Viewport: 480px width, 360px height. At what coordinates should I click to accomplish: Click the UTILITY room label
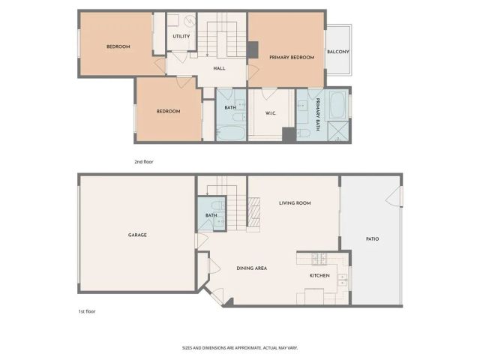coord(181,36)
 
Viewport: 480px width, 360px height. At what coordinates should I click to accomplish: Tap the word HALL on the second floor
coord(219,68)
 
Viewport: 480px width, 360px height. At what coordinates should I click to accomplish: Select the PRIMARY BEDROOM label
coord(291,58)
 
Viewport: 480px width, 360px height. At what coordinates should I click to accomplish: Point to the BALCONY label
coord(337,52)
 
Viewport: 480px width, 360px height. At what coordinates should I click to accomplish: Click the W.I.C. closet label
coord(271,114)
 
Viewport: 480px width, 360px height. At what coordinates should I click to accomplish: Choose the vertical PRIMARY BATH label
coord(317,114)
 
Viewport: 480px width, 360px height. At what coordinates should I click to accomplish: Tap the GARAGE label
coord(137,235)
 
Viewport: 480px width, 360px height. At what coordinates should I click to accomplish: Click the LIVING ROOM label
coord(295,203)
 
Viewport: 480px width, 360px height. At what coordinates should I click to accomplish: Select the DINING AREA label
coord(252,268)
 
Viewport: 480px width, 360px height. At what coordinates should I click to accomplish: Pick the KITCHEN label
coord(319,275)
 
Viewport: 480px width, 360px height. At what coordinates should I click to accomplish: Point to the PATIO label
coord(372,239)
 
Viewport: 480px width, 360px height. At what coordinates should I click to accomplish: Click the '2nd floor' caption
coord(143,161)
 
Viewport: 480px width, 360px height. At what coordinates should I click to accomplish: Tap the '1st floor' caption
coord(86,310)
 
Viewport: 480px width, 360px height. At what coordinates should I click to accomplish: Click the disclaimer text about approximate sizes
coord(240,347)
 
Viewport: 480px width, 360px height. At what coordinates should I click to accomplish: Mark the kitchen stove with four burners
coord(317,260)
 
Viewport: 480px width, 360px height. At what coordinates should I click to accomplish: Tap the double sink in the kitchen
coord(342,280)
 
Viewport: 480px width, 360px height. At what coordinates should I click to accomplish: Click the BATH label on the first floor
coord(211,216)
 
